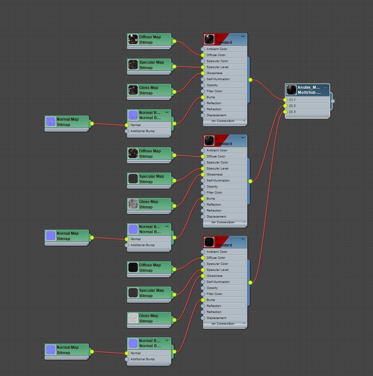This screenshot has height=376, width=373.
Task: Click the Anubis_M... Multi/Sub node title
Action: (x=309, y=90)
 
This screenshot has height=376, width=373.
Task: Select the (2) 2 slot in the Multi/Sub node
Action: (x=292, y=106)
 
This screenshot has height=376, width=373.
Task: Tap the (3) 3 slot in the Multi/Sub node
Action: (x=292, y=112)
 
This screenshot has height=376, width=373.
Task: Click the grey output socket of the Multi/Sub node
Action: (x=332, y=101)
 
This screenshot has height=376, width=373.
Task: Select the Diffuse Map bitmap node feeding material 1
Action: (x=149, y=40)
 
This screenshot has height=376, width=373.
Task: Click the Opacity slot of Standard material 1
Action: (x=212, y=85)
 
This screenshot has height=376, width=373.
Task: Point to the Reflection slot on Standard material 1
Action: (x=214, y=103)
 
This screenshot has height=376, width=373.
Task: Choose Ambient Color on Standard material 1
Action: (x=217, y=49)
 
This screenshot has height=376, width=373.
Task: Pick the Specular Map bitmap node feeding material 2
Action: (x=149, y=179)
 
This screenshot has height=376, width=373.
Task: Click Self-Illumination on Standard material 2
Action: (x=218, y=181)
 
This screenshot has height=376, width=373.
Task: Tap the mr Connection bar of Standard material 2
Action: (x=223, y=222)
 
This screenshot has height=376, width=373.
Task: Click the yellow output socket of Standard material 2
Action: (x=250, y=181)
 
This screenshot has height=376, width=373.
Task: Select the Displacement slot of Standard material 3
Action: (x=216, y=318)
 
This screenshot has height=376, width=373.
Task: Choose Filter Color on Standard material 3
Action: (x=214, y=294)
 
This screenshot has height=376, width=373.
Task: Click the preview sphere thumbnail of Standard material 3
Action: (x=209, y=242)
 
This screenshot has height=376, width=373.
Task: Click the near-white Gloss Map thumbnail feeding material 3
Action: (x=133, y=318)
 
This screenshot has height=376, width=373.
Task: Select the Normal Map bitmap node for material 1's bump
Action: (x=67, y=122)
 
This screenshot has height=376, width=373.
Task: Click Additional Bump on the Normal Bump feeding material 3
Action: (x=142, y=359)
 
